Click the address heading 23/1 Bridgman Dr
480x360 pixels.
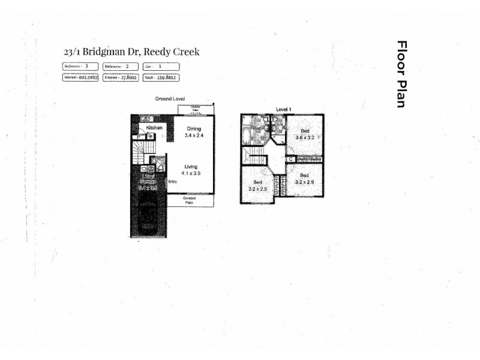point(131,52)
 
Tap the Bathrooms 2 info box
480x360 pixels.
point(120,66)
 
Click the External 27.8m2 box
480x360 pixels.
point(120,77)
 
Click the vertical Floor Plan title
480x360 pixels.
point(401,74)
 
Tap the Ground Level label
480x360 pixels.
point(170,98)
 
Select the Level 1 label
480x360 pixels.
point(283,109)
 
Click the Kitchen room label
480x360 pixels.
point(155,128)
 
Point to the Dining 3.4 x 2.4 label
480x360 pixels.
point(193,132)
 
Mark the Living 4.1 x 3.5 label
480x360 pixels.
point(191,170)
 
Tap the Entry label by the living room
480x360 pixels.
point(173,181)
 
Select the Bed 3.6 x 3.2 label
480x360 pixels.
point(305,134)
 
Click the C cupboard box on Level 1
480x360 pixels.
point(290,160)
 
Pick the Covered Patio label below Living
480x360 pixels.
point(190,200)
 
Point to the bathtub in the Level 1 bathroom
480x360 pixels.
point(247,136)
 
